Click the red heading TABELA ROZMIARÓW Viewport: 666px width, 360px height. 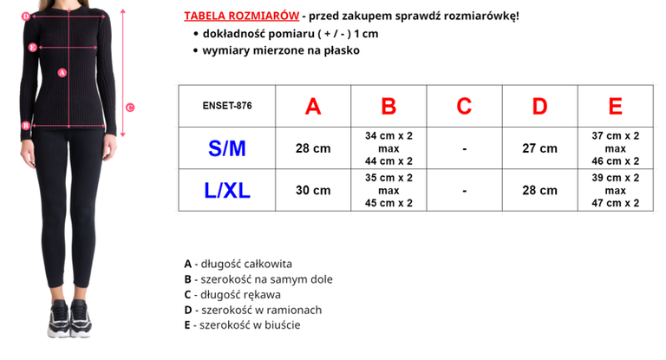pos(242,16)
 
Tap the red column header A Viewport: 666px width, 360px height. pos(313,107)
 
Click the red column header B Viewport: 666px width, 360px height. pos(388,107)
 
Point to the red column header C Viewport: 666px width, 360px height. pos(464,107)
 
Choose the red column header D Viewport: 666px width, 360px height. pos(539,107)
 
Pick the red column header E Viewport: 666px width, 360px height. pos(615,107)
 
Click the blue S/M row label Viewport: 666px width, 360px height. pos(226,148)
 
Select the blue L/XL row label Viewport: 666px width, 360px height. pos(226,190)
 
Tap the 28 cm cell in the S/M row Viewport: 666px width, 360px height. pos(313,148)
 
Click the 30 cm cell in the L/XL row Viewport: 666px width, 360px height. pos(313,190)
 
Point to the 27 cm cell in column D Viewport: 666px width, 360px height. pos(539,148)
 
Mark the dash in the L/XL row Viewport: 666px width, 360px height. pos(464,190)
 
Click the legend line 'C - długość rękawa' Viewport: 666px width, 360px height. pos(232,294)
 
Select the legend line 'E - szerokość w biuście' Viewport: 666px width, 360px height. pos(242,325)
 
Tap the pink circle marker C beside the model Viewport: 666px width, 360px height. pos(129,108)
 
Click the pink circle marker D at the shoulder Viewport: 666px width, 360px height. pos(26,16)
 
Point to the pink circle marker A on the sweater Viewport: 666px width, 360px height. pos(62,73)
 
